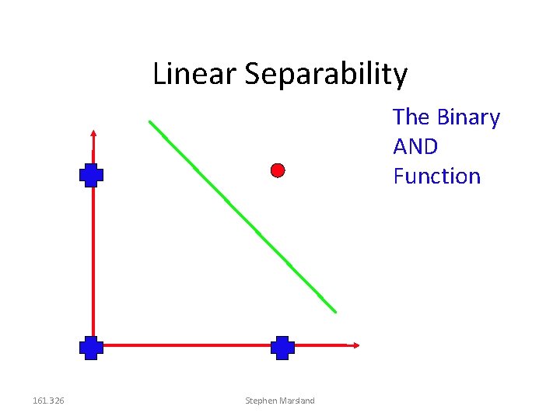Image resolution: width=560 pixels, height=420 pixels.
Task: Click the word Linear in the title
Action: (194, 74)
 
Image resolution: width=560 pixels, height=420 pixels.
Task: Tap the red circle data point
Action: (278, 170)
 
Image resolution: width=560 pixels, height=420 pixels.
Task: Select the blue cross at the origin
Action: (91, 347)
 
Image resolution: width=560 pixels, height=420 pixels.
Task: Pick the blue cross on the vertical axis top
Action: (91, 176)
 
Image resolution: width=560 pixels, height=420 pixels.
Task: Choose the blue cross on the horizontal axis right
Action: (282, 347)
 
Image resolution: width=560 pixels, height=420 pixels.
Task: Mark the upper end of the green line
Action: (150, 121)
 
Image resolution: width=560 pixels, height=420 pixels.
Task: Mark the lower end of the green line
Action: (335, 312)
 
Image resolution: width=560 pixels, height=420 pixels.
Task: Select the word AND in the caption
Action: (415, 146)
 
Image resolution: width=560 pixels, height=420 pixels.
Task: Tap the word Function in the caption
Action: (437, 176)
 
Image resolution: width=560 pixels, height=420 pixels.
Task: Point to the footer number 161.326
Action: (48, 401)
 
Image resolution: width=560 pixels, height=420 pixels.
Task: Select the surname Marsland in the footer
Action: (299, 401)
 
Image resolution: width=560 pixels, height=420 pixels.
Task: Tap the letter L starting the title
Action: (159, 74)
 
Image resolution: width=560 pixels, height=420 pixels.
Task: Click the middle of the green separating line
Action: (243, 217)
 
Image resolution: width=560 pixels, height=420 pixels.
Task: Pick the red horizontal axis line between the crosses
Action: (187, 345)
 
